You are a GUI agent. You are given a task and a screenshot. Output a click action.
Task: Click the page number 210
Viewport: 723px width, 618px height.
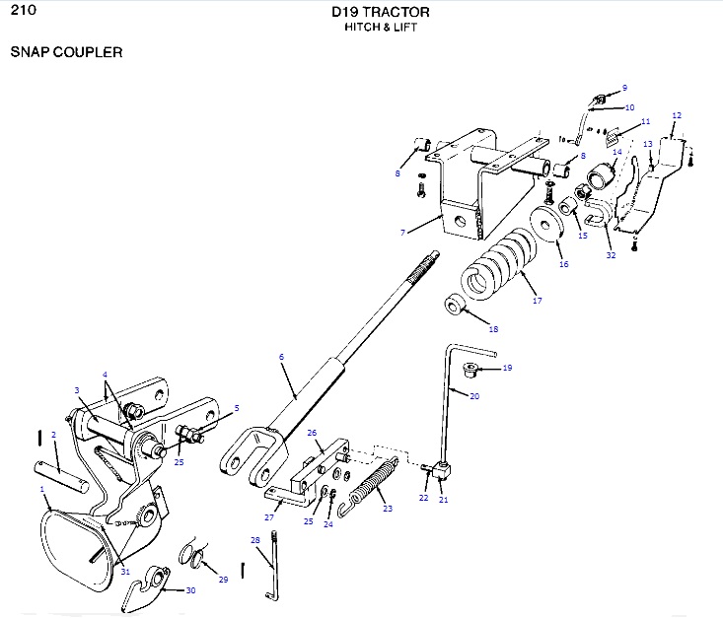click(23, 12)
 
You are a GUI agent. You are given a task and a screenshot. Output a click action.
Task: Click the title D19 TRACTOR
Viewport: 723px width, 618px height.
click(381, 13)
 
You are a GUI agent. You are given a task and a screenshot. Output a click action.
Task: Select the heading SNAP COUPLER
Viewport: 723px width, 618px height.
click(66, 52)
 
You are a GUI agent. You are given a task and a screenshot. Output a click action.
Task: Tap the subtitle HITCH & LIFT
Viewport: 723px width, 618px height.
click(381, 28)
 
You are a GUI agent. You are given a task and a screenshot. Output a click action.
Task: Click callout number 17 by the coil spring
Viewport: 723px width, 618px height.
click(537, 301)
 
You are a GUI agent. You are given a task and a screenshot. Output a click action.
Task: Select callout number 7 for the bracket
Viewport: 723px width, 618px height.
click(403, 233)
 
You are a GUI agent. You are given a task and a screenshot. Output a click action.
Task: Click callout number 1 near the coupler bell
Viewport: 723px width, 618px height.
click(42, 489)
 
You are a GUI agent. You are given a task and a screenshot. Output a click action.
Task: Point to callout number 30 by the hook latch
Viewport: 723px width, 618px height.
click(190, 591)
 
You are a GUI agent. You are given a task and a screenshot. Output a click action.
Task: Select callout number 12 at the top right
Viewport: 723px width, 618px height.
click(676, 115)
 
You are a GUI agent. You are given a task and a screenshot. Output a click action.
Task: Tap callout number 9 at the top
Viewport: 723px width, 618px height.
click(623, 88)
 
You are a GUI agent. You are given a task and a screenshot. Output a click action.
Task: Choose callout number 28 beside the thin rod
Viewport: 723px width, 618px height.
click(254, 540)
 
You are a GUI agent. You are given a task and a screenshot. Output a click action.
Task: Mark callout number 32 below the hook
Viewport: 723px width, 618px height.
click(611, 254)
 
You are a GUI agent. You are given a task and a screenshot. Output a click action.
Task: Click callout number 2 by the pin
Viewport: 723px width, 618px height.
click(53, 434)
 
